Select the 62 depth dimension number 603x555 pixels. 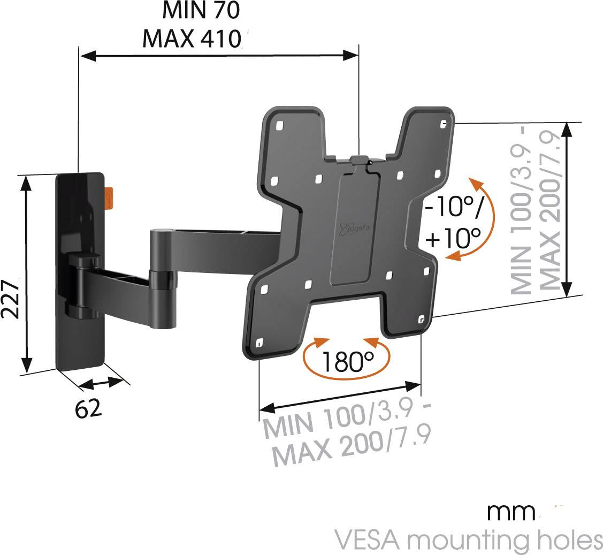pyautogui.click(x=88, y=409)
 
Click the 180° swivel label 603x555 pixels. pyautogui.click(x=347, y=362)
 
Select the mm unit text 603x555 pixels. pyautogui.click(x=511, y=512)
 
